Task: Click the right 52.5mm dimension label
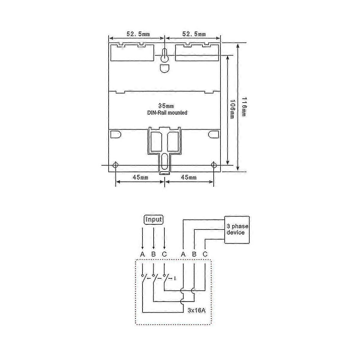point(194,34)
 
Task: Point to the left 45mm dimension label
point(140,177)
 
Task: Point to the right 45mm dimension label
point(189,177)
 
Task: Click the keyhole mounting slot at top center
point(164,55)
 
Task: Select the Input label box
point(154,220)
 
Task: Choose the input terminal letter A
point(142,254)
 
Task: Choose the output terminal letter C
point(205,254)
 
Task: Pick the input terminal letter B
point(153,254)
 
